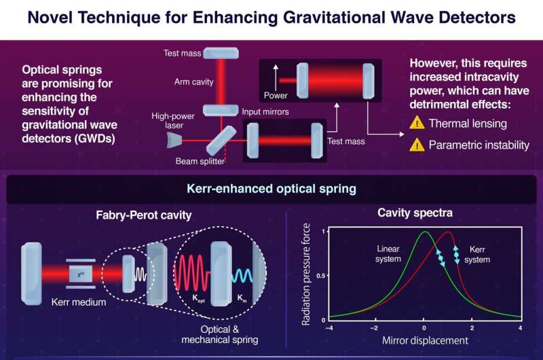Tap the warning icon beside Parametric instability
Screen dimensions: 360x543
416,144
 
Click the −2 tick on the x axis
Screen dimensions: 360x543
373,329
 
